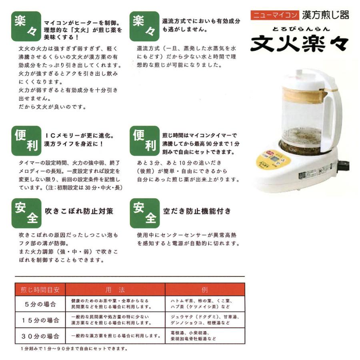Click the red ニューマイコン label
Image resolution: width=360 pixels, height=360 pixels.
(x=274, y=16)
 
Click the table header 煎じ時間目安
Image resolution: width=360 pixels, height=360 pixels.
(x=40, y=289)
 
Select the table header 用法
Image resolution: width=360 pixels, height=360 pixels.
(x=115, y=289)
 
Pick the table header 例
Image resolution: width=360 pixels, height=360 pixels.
(x=204, y=289)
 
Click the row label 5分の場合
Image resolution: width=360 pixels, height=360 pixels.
(x=40, y=304)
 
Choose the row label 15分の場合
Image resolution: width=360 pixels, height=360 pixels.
(x=40, y=320)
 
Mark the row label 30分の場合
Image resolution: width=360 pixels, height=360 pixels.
(x=40, y=336)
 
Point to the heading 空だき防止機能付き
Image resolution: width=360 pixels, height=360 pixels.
(x=197, y=210)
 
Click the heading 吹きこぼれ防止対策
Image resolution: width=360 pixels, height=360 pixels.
(x=79, y=211)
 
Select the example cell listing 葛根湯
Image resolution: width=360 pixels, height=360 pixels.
(x=204, y=336)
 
